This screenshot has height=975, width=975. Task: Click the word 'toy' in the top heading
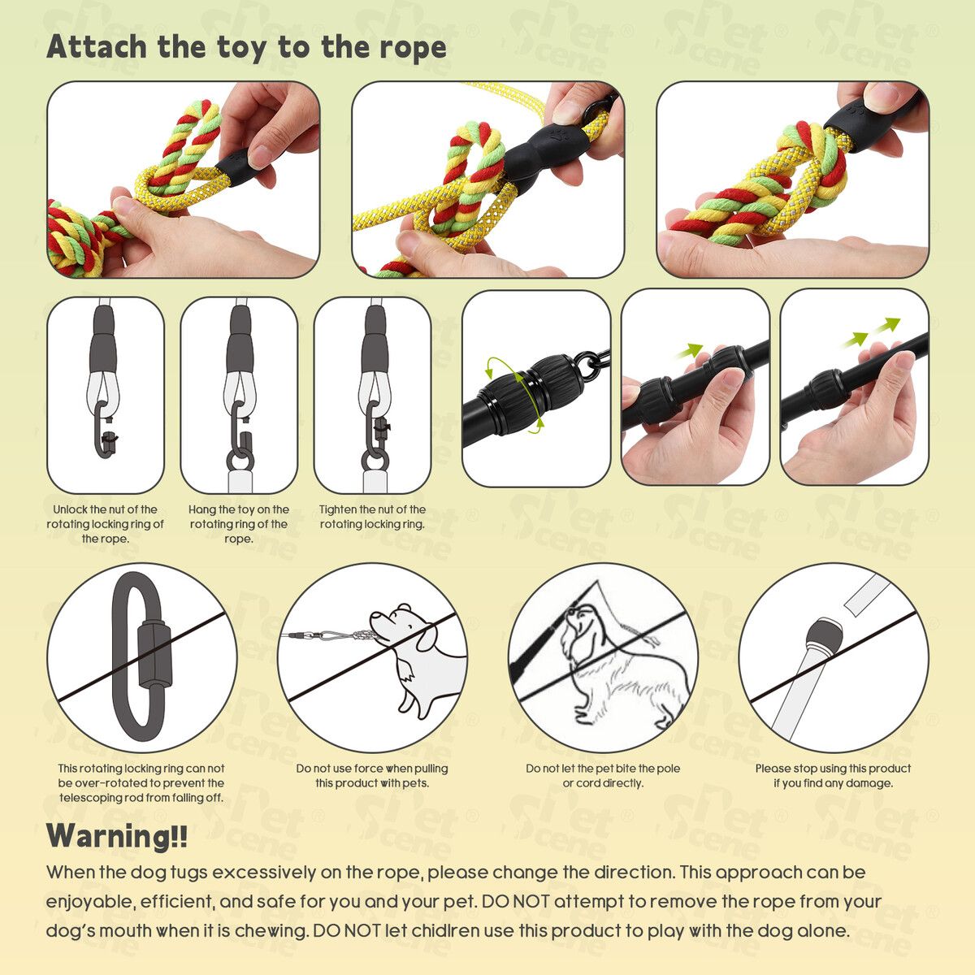pyautogui.click(x=241, y=49)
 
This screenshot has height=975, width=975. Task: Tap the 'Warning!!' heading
pyautogui.click(x=117, y=835)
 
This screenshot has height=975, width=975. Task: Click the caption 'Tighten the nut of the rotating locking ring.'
pyautogui.click(x=372, y=517)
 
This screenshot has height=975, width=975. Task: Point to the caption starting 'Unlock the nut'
pyautogui.click(x=106, y=524)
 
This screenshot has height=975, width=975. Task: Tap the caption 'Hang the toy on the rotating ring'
pyautogui.click(x=239, y=524)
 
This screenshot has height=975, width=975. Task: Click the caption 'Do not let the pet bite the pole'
pyautogui.click(x=603, y=776)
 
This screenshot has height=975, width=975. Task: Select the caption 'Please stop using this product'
pyautogui.click(x=833, y=776)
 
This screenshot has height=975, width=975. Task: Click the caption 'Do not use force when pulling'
pyautogui.click(x=372, y=776)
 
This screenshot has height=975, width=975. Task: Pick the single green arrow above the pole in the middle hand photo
pyautogui.click(x=690, y=350)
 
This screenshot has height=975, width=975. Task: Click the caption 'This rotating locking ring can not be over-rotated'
pyautogui.click(x=141, y=782)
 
